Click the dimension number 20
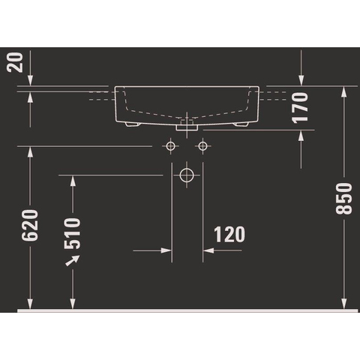(x=16, y=62)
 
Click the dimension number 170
(x=300, y=108)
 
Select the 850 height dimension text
(x=343, y=199)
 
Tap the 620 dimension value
(x=30, y=226)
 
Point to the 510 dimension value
(x=72, y=233)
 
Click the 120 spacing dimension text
(x=229, y=234)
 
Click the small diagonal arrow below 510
(x=73, y=260)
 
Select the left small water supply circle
(x=170, y=145)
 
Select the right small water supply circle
(x=202, y=145)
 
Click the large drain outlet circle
(x=187, y=175)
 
